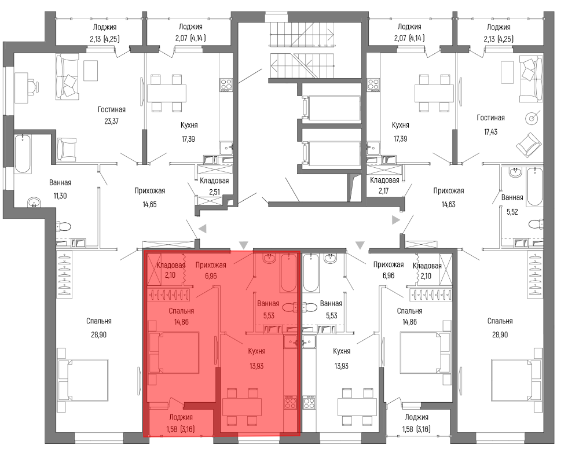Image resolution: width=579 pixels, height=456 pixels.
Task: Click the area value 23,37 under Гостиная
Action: pos(111,121)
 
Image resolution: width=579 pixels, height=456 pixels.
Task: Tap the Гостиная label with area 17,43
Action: pos(490,117)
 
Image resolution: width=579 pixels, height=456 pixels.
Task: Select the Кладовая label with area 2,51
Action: pos(214,181)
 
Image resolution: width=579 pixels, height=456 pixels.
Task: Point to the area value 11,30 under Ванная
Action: pos(60,196)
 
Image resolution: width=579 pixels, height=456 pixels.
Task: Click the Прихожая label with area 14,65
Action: pos(149,191)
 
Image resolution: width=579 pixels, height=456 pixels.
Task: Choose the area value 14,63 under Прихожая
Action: pos(448,204)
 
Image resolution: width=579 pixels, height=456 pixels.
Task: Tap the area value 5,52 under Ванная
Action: pos(512,212)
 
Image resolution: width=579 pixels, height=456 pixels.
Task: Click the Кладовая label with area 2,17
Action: pos(384,180)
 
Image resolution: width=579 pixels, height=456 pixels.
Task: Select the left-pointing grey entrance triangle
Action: pos(202,229)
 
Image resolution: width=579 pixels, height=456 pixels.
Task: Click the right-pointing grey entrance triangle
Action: pos(396,220)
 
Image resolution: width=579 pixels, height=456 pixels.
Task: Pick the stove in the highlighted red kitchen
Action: pos(290,402)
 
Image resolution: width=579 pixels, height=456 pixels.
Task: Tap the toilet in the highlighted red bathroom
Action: pos(292,307)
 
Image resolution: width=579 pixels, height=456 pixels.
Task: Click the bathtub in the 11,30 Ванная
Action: pos(23,154)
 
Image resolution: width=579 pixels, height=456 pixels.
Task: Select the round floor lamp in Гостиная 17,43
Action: pos(532,118)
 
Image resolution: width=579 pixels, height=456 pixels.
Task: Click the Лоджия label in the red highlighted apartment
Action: pos(181,417)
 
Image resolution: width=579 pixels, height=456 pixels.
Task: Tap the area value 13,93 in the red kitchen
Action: pos(256,366)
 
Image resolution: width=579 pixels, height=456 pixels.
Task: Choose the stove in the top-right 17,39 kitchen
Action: pos(373,85)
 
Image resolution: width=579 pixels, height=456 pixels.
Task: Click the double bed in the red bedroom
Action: pos(174,352)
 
